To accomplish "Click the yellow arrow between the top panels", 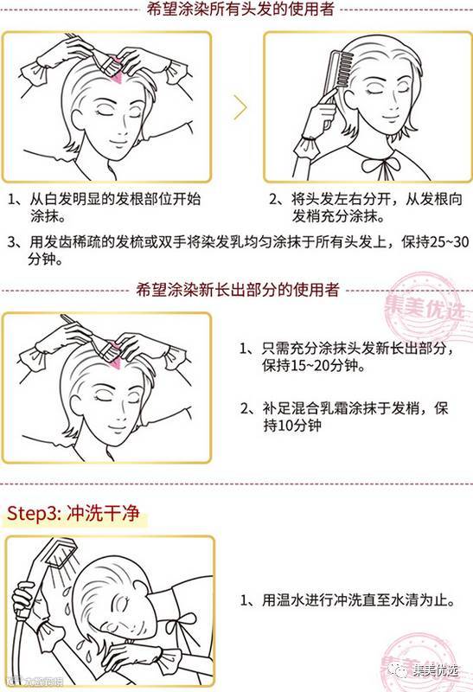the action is (240, 107).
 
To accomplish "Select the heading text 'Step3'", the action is (33, 513).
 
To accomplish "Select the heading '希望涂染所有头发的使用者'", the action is (241, 10).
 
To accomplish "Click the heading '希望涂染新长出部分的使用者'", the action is (238, 290).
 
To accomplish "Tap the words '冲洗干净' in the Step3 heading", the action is (103, 513).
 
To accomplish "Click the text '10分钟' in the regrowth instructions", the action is (298, 426).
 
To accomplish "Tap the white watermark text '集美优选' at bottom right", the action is (436, 670).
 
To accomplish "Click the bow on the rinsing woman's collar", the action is (180, 623).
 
